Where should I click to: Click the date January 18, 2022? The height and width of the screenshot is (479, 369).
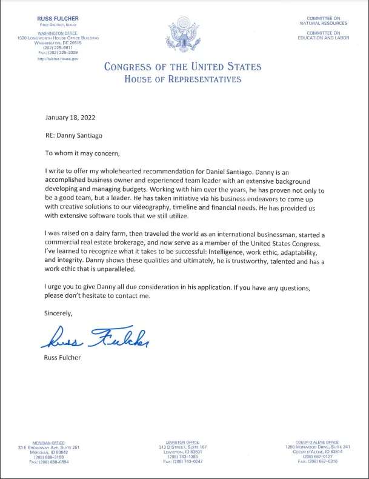(x=70, y=117)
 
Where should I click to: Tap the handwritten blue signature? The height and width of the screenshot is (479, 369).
(x=96, y=337)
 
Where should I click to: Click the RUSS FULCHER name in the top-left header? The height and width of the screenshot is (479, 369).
(x=58, y=19)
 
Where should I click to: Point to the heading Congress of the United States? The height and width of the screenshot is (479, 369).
(x=182, y=67)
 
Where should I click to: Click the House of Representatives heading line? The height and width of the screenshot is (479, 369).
(x=182, y=79)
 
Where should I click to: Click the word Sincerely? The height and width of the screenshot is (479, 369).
(x=59, y=313)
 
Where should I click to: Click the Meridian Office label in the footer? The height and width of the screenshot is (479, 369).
(x=48, y=443)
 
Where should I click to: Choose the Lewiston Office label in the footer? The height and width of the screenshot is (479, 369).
(x=183, y=443)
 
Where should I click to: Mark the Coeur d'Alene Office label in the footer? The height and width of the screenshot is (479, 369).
(x=317, y=443)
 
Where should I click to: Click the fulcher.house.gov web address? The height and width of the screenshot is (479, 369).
(x=58, y=59)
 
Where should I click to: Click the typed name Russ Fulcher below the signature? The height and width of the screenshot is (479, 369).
(x=63, y=357)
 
